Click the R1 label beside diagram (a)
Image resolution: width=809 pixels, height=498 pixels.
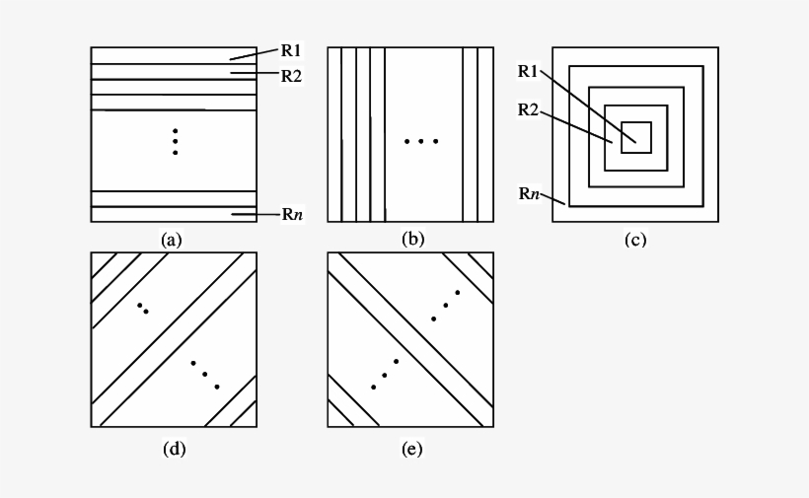(291, 49)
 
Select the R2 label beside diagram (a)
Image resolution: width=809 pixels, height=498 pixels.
(291, 75)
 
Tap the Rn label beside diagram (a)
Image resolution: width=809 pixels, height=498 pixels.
(291, 214)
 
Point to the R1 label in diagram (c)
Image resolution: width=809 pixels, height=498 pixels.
(528, 71)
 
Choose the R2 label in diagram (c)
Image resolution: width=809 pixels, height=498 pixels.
(528, 109)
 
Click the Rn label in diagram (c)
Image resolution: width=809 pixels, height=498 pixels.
(529, 193)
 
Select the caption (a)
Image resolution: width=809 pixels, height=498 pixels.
(173, 239)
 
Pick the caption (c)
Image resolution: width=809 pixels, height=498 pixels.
(635, 239)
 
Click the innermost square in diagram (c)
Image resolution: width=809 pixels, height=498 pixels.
(636, 137)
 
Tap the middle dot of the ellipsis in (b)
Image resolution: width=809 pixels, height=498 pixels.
(421, 142)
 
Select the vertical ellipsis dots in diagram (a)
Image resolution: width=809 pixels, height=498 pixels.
(175, 141)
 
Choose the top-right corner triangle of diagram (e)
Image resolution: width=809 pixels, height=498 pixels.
(484, 261)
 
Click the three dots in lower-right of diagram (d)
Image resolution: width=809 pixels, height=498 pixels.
(204, 375)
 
